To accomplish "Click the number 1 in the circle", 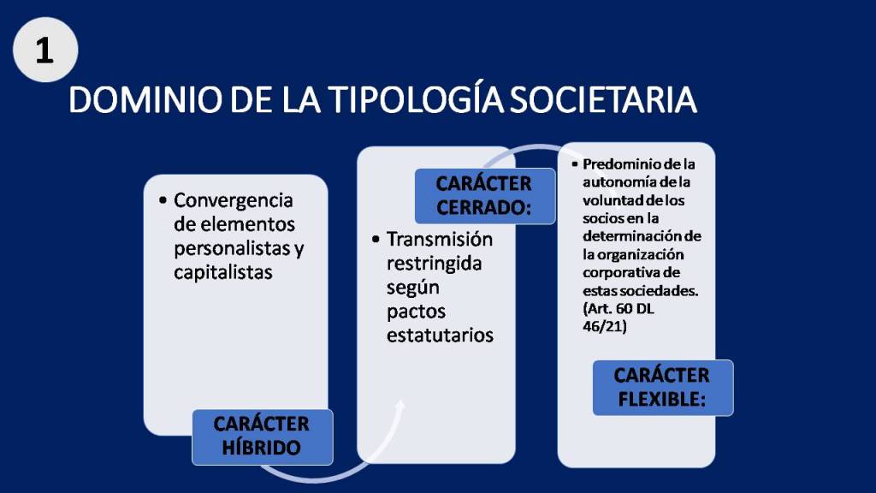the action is (44, 50).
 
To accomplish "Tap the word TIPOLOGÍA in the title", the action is (416, 99).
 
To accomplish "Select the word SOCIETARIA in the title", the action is (603, 100).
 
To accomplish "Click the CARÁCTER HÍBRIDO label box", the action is (262, 437).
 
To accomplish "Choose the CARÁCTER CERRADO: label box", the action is (484, 196).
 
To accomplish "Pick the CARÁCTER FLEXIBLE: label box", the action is (663, 388).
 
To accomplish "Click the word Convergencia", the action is (233, 200).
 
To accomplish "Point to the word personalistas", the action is (233, 249).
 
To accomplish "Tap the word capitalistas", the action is (223, 272).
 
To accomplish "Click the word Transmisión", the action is (440, 240).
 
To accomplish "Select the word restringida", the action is (434, 264).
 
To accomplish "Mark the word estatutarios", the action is (441, 335).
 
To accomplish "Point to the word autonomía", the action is (619, 182).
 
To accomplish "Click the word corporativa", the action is (616, 273).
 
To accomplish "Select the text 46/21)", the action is (605, 326).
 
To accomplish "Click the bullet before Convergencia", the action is (163, 200).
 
